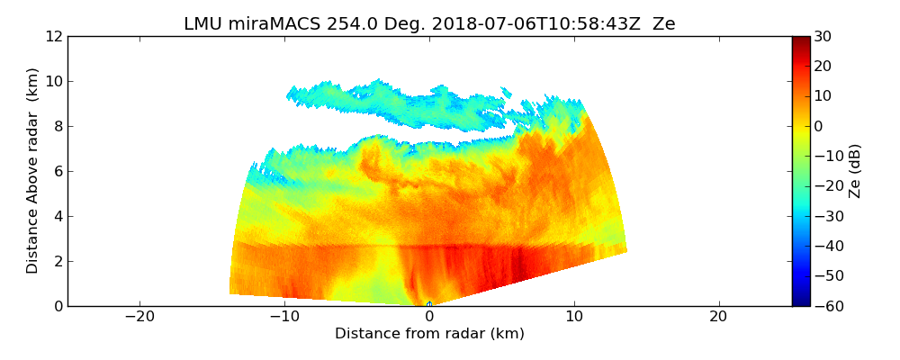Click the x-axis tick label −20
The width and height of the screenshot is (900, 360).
pyautogui.click(x=139, y=317)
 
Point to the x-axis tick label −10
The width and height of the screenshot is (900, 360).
pyautogui.click(x=284, y=317)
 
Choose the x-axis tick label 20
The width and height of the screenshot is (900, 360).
pyautogui.click(x=718, y=317)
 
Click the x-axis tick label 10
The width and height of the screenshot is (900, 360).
pyautogui.click(x=574, y=317)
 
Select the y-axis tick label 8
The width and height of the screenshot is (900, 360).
pyautogui.click(x=58, y=126)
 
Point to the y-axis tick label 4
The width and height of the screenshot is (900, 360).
pyautogui.click(x=58, y=216)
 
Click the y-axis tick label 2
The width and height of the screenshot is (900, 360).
pyautogui.click(x=58, y=261)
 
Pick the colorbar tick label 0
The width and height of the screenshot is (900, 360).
pyautogui.click(x=819, y=126)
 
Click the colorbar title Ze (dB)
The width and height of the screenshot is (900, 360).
pyautogui.click(x=855, y=171)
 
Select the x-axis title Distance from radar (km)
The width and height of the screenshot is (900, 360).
pyautogui.click(x=429, y=334)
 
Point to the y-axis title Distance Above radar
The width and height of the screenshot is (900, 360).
pyautogui.click(x=33, y=171)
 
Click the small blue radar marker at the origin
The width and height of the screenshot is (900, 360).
pyautogui.click(x=429, y=304)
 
